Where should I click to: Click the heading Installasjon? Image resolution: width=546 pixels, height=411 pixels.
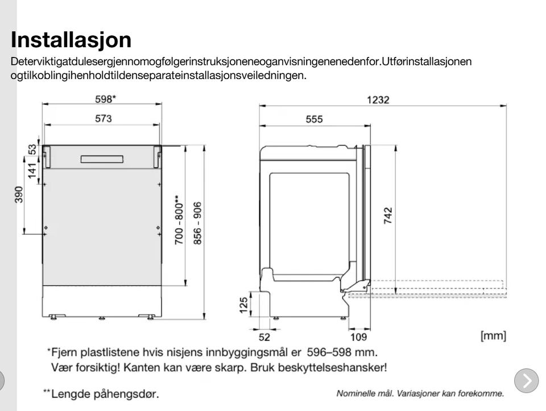click(x=71, y=40)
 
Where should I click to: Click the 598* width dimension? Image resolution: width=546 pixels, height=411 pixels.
click(x=105, y=99)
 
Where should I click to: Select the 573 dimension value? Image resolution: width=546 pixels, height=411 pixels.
click(x=104, y=118)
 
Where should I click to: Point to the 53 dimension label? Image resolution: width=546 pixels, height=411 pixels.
click(x=32, y=149)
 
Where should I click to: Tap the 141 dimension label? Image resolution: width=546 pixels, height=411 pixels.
click(x=32, y=170)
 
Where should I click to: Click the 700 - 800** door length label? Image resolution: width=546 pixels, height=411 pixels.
click(x=179, y=220)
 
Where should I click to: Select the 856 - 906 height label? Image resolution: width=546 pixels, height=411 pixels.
click(x=197, y=223)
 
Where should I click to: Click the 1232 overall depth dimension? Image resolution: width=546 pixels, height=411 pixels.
click(x=378, y=100)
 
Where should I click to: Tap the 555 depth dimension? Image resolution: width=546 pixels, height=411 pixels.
click(x=314, y=119)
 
